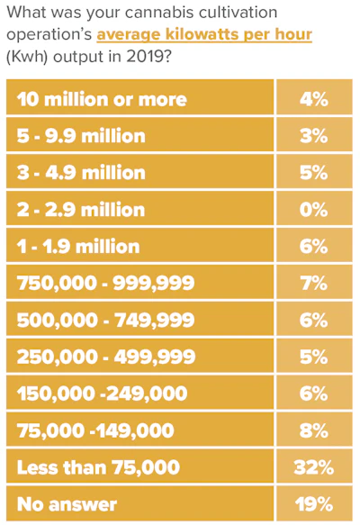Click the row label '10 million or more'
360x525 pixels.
pyautogui.click(x=102, y=99)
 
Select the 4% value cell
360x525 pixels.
pyautogui.click(x=314, y=99)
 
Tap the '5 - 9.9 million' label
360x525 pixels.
pyautogui.click(x=81, y=136)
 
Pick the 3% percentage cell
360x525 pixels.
pyautogui.click(x=314, y=136)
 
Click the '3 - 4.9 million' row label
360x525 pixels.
pyautogui.click(x=81, y=173)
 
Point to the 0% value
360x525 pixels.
pyautogui.click(x=314, y=210)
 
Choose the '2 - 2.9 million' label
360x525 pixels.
pyautogui.click(x=81, y=210)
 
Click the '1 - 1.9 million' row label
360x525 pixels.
pyautogui.click(x=78, y=247)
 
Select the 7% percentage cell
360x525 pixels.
pyautogui.click(x=314, y=284)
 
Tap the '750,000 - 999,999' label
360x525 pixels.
pyautogui.click(x=105, y=284)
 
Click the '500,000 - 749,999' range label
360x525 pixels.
pyautogui.click(x=105, y=320)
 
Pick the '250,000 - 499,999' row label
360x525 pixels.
pyautogui.click(x=106, y=357)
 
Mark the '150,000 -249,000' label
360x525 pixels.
pyautogui.click(x=102, y=394)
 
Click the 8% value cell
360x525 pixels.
pyautogui.click(x=314, y=430)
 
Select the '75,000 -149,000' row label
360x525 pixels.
pyautogui.click(x=95, y=430)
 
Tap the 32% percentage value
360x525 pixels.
pyautogui.click(x=314, y=467)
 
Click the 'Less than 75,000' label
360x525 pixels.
pyautogui.click(x=98, y=467)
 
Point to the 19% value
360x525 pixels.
pyautogui.click(x=314, y=504)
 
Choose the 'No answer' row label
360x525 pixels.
pyautogui.click(x=67, y=504)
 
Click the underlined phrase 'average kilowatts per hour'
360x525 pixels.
pyautogui.click(x=204, y=35)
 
